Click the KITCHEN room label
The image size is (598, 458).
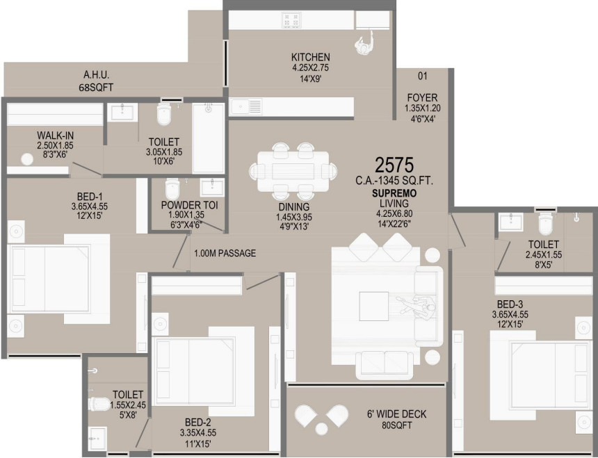310,57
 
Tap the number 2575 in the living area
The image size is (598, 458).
394,165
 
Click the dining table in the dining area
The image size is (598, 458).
292,170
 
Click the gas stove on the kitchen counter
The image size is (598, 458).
291,19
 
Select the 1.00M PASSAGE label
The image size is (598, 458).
225,254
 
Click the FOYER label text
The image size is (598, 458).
422,98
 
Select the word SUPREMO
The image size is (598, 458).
394,193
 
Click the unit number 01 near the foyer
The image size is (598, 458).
422,76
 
